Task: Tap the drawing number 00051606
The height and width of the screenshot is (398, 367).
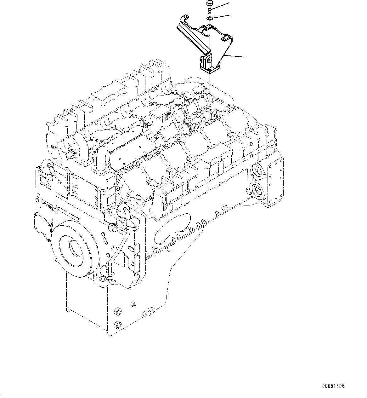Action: click(333, 386)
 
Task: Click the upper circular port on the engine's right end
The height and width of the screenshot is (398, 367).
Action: click(257, 170)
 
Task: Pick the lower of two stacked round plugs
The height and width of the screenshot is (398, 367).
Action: click(118, 325)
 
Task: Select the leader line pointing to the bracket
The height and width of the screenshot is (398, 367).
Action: click(238, 56)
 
